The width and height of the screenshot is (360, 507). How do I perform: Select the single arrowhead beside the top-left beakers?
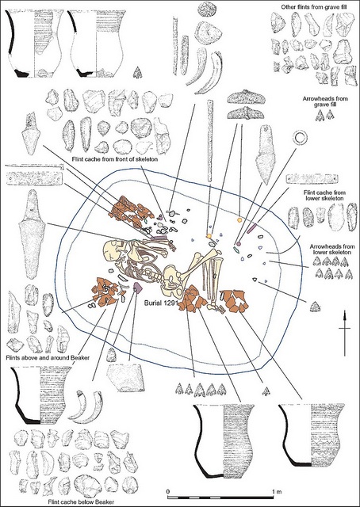point(138,73)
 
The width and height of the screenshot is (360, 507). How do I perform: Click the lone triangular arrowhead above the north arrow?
point(314,307)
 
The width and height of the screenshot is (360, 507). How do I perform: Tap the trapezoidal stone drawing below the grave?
point(125,377)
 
